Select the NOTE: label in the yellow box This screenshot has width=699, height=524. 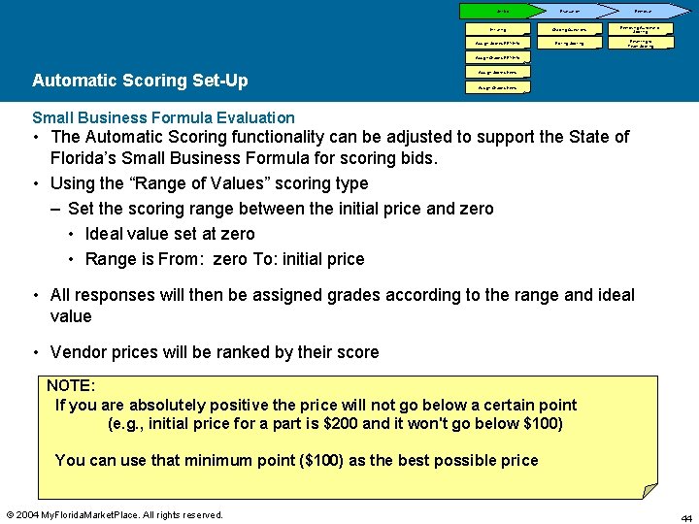point(71,386)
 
